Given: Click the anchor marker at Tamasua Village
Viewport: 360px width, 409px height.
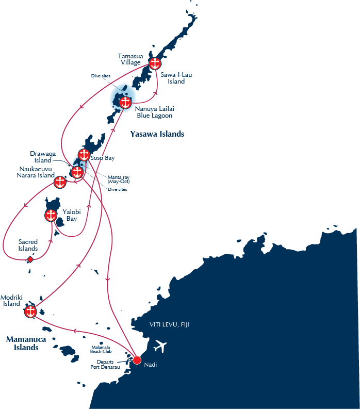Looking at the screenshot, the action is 155,63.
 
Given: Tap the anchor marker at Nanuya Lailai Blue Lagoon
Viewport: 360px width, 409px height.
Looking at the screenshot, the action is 125,103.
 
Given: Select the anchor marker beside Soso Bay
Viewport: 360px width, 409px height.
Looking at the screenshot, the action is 84,155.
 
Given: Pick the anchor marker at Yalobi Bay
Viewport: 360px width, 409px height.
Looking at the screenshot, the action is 51,216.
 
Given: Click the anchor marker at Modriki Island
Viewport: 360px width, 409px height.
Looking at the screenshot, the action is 30,312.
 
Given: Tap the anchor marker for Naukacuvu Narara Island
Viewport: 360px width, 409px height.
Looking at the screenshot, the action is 60,182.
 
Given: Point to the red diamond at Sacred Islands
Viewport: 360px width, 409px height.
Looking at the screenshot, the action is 30,259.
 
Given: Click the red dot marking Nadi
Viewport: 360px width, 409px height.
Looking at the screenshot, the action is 137,360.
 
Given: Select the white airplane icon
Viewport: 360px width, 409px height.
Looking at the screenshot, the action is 160,347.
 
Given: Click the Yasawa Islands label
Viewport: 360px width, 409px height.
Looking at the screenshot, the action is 157,134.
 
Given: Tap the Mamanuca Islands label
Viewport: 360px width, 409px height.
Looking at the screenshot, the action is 26,343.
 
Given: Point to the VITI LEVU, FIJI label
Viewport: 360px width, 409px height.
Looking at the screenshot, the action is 169,324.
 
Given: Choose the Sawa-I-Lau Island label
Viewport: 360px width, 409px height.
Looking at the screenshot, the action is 176,78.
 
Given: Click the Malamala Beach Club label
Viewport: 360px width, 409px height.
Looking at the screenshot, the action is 101,349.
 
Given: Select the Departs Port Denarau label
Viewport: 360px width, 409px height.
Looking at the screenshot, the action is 105,365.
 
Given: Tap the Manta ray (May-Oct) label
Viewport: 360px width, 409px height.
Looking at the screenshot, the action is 119,179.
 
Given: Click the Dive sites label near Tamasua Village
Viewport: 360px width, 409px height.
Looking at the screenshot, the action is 101,76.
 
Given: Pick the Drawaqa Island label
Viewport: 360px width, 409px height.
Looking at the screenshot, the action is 43,157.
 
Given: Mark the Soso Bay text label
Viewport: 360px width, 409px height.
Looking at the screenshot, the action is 103,158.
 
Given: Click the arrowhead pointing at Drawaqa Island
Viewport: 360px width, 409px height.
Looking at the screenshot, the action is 70,165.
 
